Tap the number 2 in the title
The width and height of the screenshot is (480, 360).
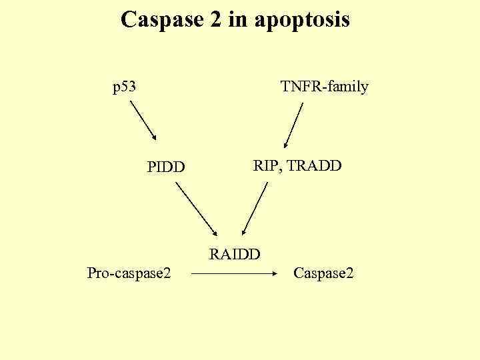[x=215, y=20]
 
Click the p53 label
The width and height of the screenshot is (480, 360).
[x=124, y=87]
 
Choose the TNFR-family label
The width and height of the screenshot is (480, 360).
[x=324, y=87]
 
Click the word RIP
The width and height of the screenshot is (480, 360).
[x=267, y=165]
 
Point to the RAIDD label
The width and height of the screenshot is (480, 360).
[x=235, y=253]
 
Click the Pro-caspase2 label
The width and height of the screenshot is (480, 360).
[x=129, y=273]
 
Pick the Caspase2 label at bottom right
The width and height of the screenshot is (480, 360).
[x=323, y=273]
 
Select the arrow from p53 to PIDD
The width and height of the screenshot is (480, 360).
[x=143, y=121]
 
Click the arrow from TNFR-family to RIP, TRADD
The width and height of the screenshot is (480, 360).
[x=294, y=125]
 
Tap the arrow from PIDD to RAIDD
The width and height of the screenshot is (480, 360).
[x=196, y=209]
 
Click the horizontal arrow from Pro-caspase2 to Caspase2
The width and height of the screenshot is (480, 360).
[x=233, y=273]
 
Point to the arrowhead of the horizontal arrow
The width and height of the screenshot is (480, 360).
[x=274, y=273]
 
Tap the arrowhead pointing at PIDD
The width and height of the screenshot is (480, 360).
[x=154, y=137]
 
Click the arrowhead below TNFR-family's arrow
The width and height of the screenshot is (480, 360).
[x=285, y=144]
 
